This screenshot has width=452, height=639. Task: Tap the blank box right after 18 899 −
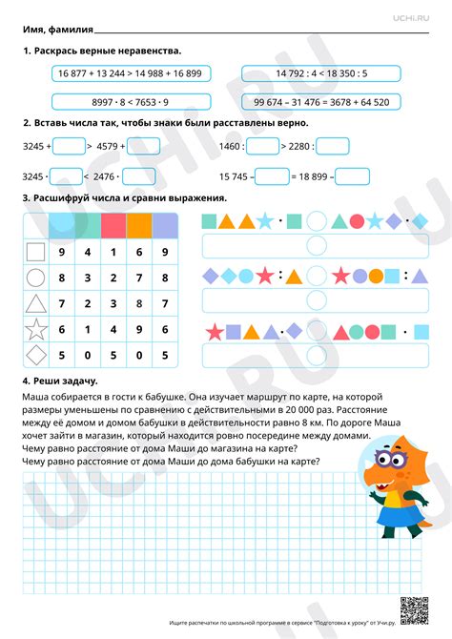(x=353, y=176)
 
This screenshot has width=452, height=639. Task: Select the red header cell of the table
(x=113, y=225)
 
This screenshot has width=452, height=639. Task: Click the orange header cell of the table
(x=139, y=225)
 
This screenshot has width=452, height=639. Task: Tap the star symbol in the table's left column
(x=35, y=331)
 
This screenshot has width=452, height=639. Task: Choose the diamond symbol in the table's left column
(x=35, y=357)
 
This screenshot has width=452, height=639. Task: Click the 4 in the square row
(x=88, y=253)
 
